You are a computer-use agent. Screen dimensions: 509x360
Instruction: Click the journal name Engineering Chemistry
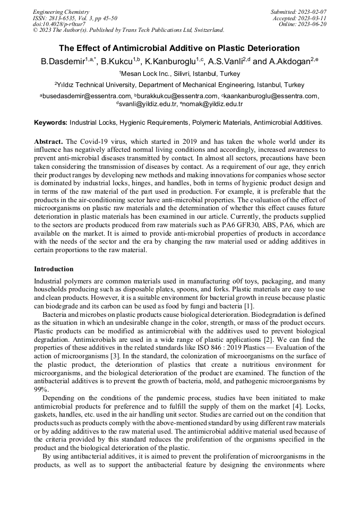(61, 12)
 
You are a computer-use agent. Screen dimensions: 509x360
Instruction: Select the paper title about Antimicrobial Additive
(179, 48)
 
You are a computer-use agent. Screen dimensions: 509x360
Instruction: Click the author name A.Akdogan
(292, 62)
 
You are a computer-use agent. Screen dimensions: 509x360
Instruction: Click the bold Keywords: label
(50, 123)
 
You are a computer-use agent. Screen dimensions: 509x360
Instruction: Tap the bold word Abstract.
(48, 142)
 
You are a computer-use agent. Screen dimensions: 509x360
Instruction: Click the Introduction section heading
(54, 269)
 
